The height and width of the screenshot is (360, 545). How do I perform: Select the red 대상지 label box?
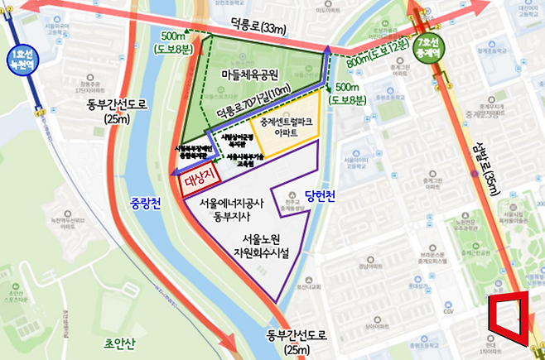pos(197,179)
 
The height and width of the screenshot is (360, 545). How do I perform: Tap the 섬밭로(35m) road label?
pos(496,190)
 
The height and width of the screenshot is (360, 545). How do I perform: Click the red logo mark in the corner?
pos(508,318)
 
